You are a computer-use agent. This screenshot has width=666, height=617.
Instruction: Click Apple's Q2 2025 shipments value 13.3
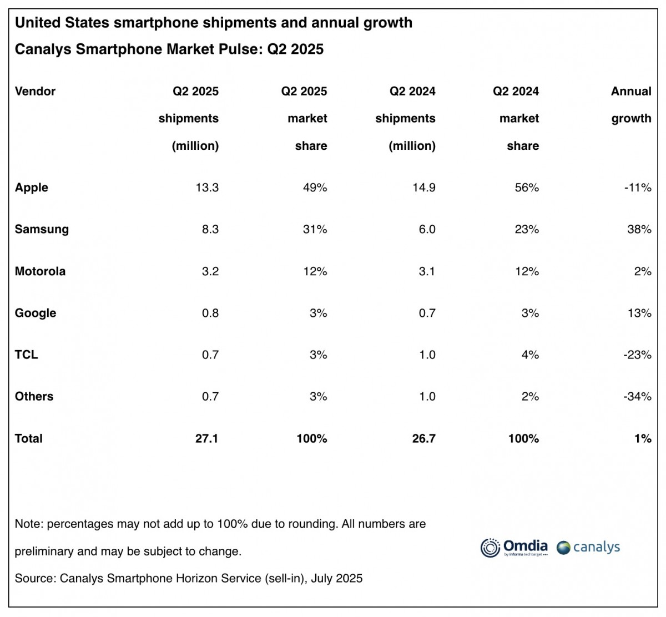pos(206,188)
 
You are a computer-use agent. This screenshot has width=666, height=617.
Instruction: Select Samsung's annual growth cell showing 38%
pos(639,229)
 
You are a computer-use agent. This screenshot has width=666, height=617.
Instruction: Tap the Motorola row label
pos(40,271)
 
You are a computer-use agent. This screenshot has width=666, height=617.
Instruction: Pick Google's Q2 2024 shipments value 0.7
pos(427,313)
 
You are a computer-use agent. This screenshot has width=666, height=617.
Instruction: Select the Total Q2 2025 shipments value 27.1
pos(206,438)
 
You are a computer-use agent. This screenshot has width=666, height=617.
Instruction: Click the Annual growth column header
pos(630,104)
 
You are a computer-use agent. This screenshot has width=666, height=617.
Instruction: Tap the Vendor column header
pos(35,91)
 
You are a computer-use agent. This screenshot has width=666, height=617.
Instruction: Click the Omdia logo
pos(514,547)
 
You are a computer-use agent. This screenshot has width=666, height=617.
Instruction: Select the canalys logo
pos(588,547)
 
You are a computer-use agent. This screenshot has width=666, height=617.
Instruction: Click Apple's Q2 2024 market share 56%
pos(526,188)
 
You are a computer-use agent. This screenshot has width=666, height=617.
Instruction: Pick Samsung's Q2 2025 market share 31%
pos(315,229)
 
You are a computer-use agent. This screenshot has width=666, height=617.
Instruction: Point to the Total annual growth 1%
pos(642,438)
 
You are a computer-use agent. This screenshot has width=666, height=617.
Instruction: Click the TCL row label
pos(26,355)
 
